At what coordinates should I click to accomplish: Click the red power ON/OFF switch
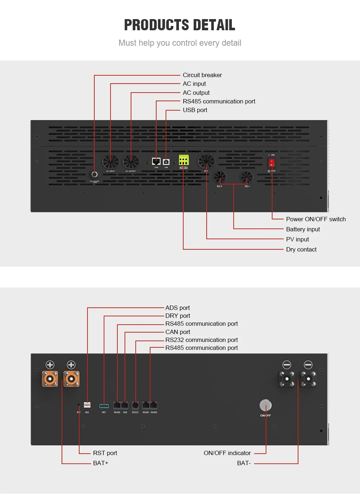[272, 163]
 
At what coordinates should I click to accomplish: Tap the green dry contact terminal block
[184, 160]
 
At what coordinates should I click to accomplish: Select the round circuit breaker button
[95, 174]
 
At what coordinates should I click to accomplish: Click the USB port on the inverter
[166, 162]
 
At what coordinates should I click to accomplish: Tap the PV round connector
[206, 161]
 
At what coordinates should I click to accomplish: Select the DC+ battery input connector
[220, 177]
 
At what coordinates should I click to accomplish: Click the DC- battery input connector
[247, 177]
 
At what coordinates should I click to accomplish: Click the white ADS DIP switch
[87, 405]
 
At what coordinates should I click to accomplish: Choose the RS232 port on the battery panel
[135, 405]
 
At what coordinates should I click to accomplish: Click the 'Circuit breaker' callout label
[202, 75]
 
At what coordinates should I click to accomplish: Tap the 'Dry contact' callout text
[301, 249]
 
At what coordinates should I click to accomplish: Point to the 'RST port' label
[105, 453]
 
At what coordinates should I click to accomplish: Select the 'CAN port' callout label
[177, 332]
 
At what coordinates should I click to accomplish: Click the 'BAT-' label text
[244, 463]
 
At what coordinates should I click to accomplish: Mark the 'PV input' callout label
[297, 239]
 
